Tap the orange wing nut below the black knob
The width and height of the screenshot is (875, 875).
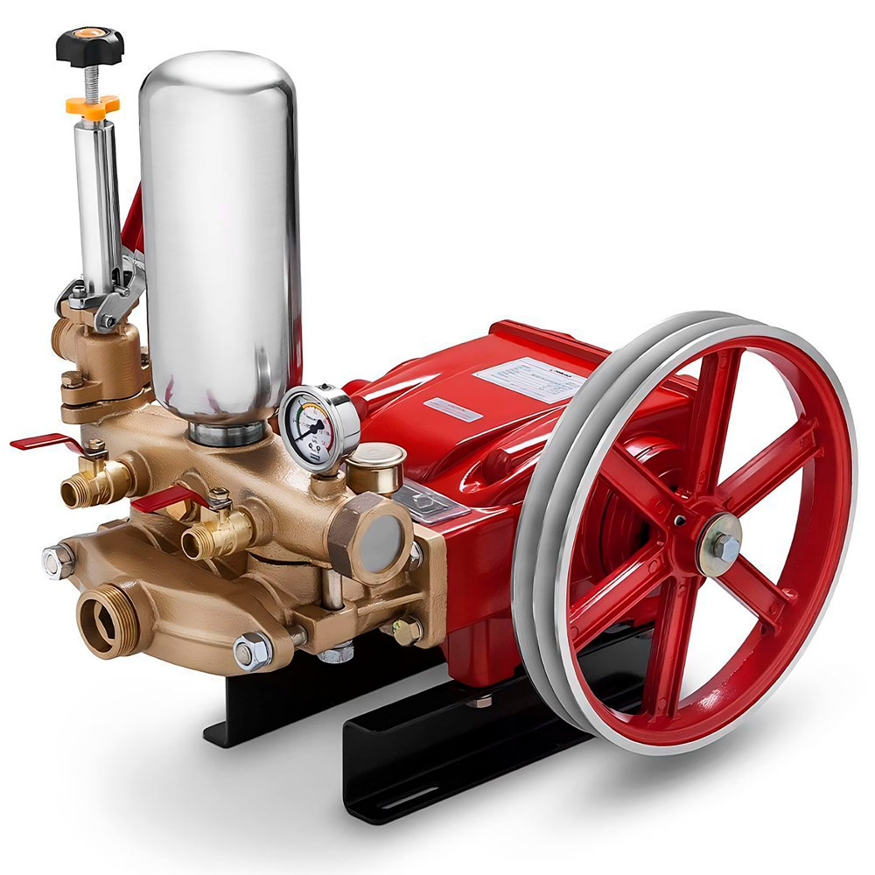[92, 105]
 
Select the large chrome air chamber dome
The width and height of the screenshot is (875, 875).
[220, 227]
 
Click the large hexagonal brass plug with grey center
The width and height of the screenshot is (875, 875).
[378, 535]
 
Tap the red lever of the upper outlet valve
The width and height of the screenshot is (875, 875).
[44, 443]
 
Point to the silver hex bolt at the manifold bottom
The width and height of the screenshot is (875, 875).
[252, 651]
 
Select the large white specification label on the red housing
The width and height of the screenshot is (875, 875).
[529, 379]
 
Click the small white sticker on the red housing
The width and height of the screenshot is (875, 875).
[451, 409]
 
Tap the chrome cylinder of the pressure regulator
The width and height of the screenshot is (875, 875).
[98, 201]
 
